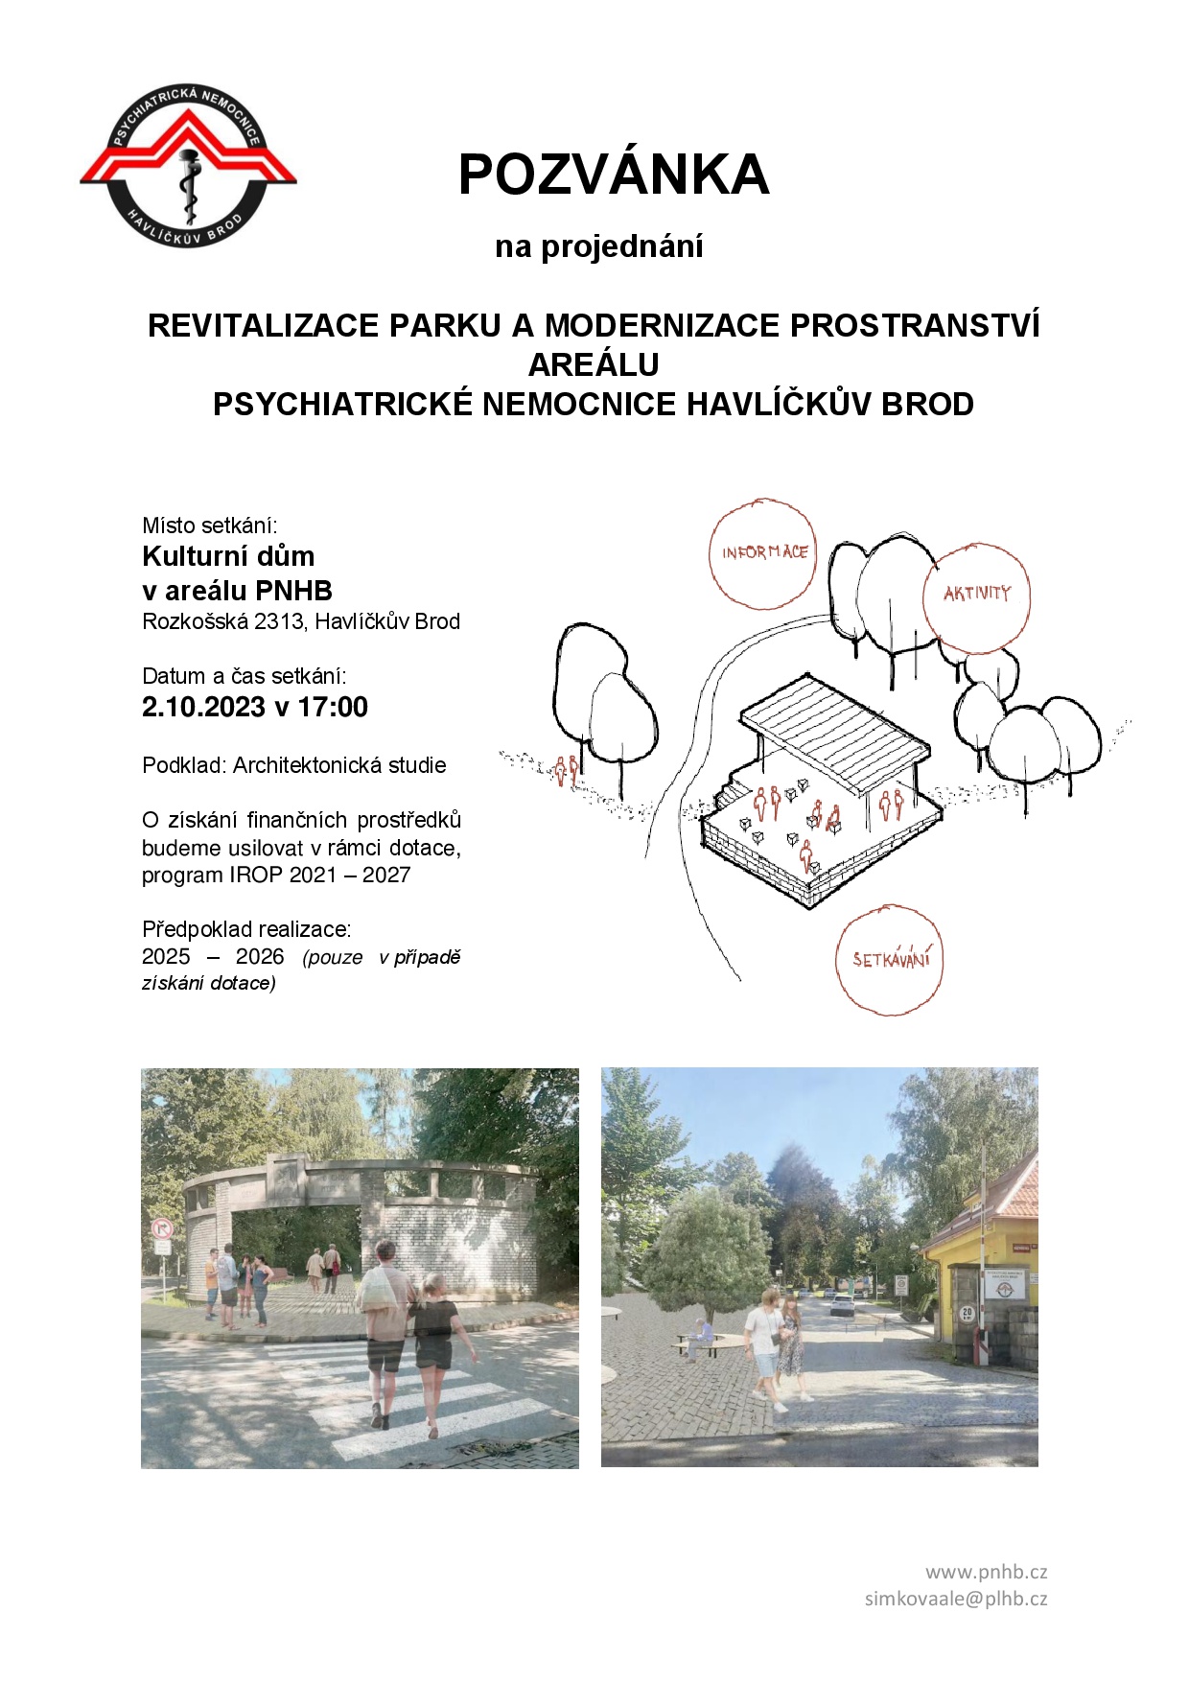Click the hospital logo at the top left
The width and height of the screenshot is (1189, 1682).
(x=188, y=165)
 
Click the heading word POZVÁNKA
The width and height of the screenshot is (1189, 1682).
(x=614, y=175)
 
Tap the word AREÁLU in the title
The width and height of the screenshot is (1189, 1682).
(x=594, y=364)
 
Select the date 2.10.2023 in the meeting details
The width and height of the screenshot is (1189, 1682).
(x=203, y=708)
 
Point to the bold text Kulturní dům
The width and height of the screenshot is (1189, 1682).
(x=228, y=556)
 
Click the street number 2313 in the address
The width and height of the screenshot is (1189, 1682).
(x=278, y=621)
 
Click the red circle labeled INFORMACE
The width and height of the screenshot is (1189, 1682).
(x=763, y=553)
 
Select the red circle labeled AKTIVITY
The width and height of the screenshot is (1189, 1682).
(x=976, y=596)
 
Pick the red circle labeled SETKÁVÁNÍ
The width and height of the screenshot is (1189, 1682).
(x=891, y=959)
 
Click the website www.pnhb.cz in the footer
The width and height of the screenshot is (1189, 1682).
(x=986, y=1572)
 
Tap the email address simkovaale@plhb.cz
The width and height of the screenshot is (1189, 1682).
(x=956, y=1599)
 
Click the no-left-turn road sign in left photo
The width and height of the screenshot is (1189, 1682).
(x=162, y=1228)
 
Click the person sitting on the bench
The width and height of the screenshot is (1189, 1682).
(x=701, y=1334)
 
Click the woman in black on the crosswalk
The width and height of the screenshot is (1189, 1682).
(x=436, y=1343)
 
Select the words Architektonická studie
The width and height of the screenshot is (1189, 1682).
(x=339, y=765)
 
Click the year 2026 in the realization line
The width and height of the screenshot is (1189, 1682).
(x=260, y=957)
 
